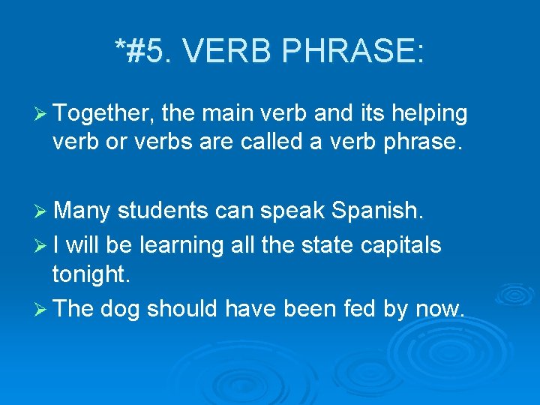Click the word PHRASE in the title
pyautogui.click(x=360, y=52)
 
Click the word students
pyautogui.click(x=162, y=212)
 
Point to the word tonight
pyautogui.click(x=91, y=274)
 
